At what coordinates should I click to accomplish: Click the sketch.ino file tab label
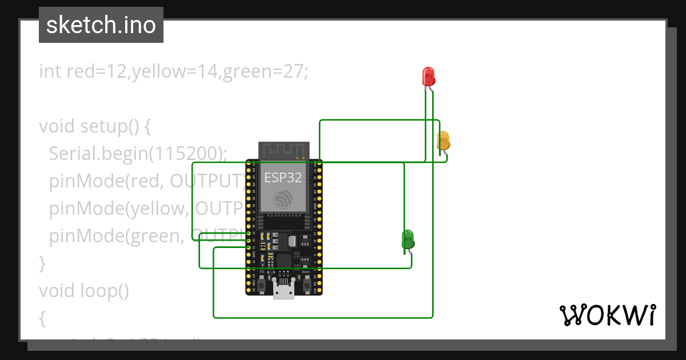pyautogui.click(x=101, y=25)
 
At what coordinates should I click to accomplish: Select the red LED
pyautogui.click(x=428, y=76)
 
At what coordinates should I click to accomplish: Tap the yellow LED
pyautogui.click(x=443, y=141)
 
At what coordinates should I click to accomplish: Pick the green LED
pyautogui.click(x=408, y=238)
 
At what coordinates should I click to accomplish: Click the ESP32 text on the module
pyautogui.click(x=283, y=177)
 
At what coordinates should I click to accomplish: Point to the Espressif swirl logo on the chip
pyautogui.click(x=283, y=199)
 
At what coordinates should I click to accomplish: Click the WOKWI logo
pyautogui.click(x=607, y=315)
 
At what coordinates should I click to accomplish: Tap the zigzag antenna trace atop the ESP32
pyautogui.click(x=284, y=150)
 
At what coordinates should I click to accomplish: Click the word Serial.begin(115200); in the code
pyautogui.click(x=138, y=153)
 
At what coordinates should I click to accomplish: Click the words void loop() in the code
pyautogui.click(x=83, y=291)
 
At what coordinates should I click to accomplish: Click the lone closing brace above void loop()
pyautogui.click(x=42, y=263)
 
